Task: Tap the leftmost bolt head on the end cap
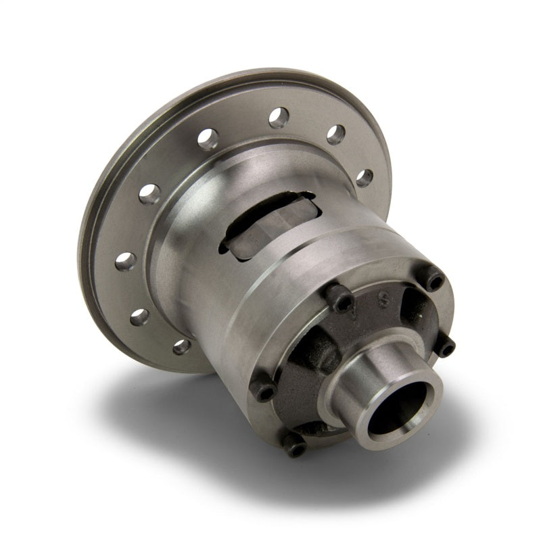click(x=263, y=392)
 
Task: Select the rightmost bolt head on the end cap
click(x=447, y=346)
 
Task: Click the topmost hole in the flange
click(x=279, y=118)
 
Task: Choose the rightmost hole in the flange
click(x=364, y=178)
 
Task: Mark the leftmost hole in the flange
click(x=124, y=261)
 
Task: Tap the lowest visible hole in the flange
click(x=181, y=347)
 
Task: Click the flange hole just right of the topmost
click(x=336, y=134)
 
